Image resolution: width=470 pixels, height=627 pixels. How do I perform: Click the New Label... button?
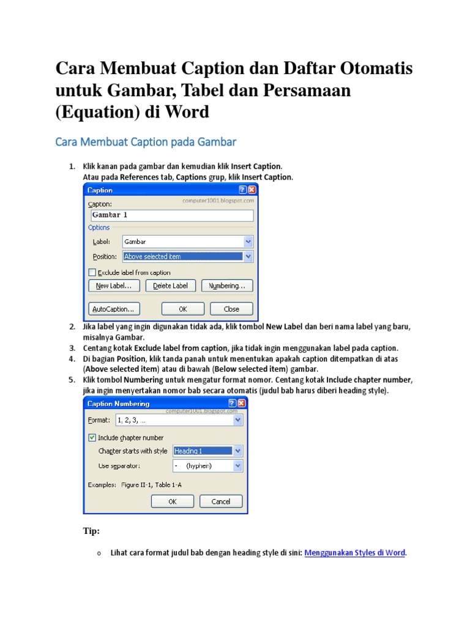114,286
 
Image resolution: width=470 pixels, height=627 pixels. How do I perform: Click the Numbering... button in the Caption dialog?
227,286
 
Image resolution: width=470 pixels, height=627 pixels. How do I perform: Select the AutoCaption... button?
114,309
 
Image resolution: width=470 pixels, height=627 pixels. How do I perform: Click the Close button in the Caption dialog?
231,309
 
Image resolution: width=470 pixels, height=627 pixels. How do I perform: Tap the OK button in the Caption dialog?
182,309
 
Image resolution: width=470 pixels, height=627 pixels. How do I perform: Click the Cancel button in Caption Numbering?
220,501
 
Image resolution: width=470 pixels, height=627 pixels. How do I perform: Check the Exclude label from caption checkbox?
92,272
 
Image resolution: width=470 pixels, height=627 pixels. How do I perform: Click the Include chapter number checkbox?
92,438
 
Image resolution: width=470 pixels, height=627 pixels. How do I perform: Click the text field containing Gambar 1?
171,216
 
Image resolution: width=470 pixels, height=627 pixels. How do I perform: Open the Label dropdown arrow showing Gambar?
248,242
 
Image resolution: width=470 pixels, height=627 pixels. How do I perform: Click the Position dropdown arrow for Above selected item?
248,257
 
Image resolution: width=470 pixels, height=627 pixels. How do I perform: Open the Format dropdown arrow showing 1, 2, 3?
237,421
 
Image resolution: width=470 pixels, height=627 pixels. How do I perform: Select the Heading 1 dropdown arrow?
237,451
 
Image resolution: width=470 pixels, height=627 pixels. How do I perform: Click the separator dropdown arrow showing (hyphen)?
237,466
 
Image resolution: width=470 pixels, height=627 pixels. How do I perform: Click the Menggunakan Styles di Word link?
354,553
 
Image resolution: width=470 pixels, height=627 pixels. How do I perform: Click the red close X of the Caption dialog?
252,190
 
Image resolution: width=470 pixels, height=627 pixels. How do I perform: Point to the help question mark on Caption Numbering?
233,404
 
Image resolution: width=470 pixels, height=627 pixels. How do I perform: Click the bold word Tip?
91,531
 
